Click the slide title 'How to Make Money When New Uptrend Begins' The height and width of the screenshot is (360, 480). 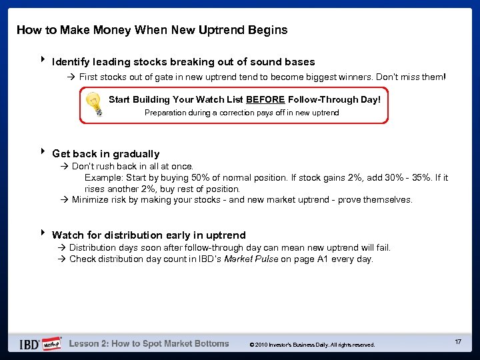tap(152, 30)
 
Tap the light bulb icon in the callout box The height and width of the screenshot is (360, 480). tap(95, 104)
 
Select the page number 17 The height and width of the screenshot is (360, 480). tap(458, 342)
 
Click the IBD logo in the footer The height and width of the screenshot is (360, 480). tap(29, 344)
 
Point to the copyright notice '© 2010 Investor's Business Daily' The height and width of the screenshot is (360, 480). tap(312, 345)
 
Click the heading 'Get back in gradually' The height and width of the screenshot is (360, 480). tap(105, 154)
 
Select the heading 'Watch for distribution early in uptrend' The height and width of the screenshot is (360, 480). tap(149, 235)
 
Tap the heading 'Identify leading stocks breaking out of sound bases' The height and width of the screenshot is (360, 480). tap(183, 62)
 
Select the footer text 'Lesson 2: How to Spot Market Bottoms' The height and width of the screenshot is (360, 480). tap(149, 344)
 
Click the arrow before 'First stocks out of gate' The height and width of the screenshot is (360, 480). tap(72, 77)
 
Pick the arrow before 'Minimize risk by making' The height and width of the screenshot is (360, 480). tap(65, 200)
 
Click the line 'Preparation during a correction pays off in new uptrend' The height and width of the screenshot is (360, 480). tap(242, 113)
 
